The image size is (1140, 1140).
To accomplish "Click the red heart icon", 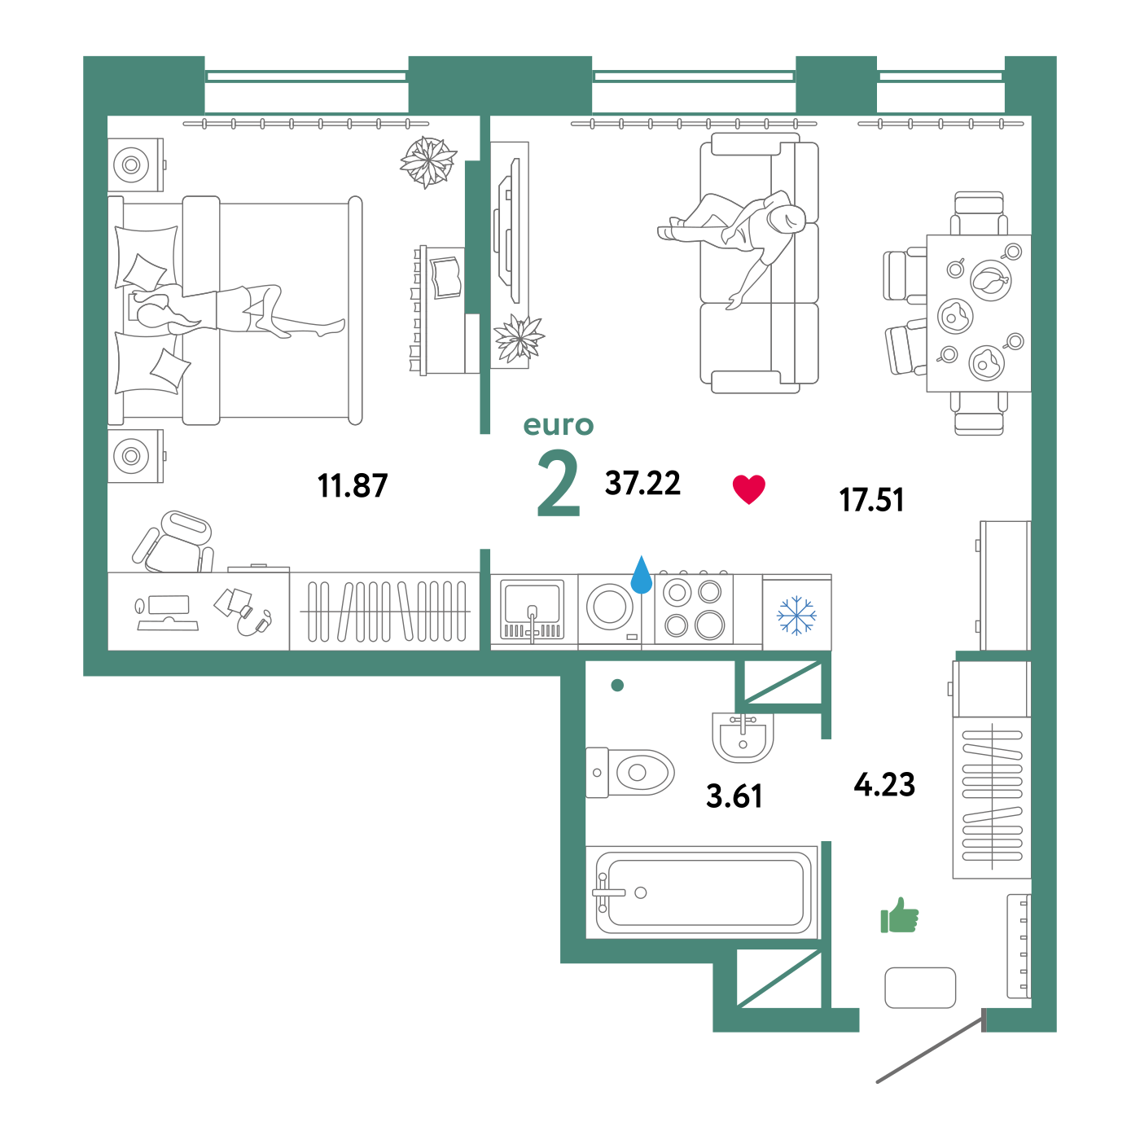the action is (x=748, y=489).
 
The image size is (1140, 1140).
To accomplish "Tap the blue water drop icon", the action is (x=642, y=576).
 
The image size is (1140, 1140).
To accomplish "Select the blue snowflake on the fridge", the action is (x=796, y=616).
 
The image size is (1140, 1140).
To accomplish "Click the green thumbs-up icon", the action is (x=899, y=915).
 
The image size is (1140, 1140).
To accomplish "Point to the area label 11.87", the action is (x=353, y=485).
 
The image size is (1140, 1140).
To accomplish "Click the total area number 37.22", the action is (x=642, y=483).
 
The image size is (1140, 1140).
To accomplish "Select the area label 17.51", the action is (x=871, y=500).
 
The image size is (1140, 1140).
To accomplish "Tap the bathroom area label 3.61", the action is (x=734, y=796).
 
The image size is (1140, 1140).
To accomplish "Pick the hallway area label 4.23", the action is (x=884, y=784).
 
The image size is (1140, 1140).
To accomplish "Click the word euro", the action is (x=559, y=425).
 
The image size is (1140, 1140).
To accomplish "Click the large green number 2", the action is (x=559, y=483).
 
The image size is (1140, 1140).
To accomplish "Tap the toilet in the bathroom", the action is (x=630, y=772).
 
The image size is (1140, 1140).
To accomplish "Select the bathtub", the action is (x=702, y=892).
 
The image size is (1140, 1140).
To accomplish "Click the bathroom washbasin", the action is (x=743, y=737).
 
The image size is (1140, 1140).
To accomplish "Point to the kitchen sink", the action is (x=533, y=610).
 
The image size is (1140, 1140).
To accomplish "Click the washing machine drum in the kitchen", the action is (x=609, y=607).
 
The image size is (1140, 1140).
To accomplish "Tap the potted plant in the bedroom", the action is (x=427, y=161).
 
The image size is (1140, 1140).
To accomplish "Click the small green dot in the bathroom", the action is (x=617, y=685).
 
